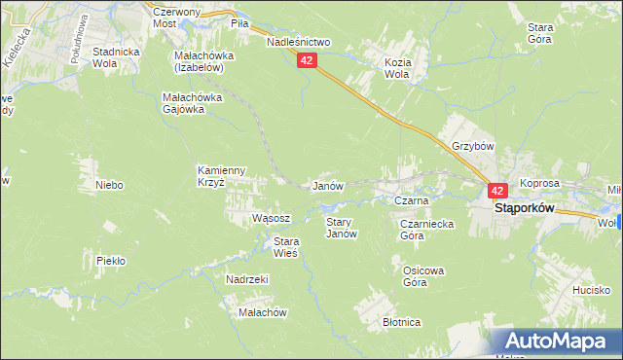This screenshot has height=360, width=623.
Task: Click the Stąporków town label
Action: [524, 208]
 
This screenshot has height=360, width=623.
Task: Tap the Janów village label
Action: [325, 186]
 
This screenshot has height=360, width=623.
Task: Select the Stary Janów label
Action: [340, 228]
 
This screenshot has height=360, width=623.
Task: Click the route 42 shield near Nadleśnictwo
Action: [307, 60]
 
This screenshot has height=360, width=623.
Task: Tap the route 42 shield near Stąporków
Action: [496, 192]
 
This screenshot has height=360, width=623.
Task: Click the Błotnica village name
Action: [401, 322]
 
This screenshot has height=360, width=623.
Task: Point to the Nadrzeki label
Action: [246, 279]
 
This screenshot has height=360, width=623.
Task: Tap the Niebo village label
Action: [109, 184]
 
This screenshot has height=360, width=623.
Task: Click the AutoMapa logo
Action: [555, 342]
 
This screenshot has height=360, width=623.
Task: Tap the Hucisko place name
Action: [591, 290]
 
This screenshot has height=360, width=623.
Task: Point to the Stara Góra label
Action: [540, 34]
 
